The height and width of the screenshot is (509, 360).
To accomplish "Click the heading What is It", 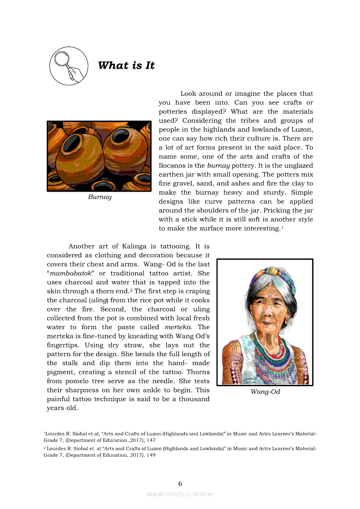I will [x=126, y=66].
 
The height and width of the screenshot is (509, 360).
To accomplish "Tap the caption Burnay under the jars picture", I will [x=99, y=197].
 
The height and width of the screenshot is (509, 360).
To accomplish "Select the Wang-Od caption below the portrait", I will [x=265, y=392].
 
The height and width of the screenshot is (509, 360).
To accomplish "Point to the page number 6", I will [x=180, y=483].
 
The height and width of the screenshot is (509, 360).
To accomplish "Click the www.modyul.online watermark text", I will [x=180, y=494].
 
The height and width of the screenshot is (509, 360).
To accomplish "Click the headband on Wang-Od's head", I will [x=267, y=275].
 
